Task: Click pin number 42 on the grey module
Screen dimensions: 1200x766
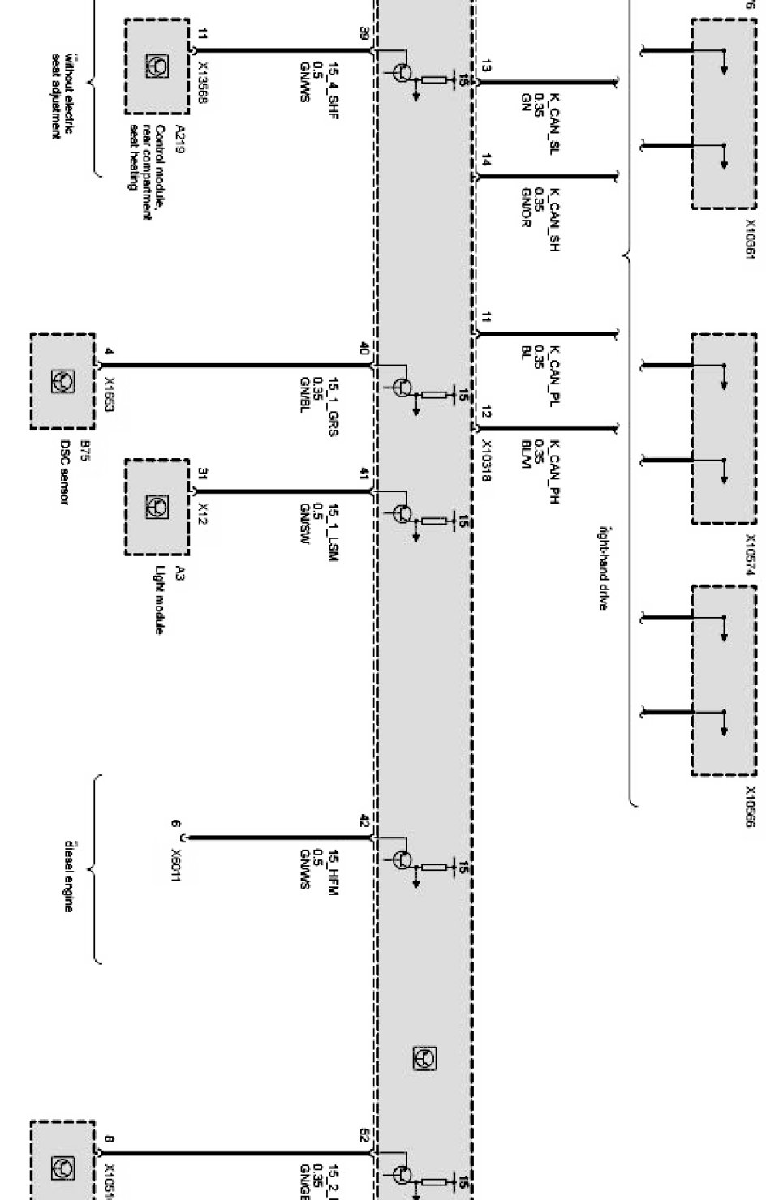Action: point(364,825)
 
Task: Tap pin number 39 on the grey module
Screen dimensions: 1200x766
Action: point(364,33)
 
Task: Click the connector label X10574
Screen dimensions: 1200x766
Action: point(750,554)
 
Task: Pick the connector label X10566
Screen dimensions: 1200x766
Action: point(750,807)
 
